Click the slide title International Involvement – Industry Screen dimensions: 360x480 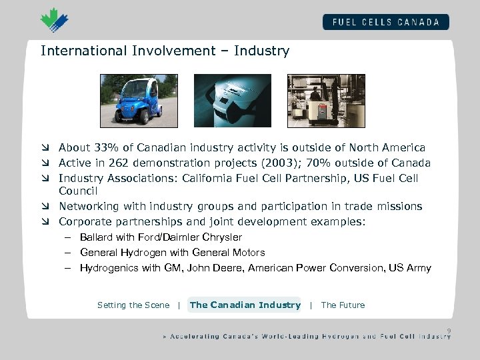pos(165,51)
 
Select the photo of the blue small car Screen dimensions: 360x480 pos(129,101)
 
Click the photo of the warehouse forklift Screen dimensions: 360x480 pos(317,101)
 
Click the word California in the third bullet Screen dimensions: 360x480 pos(214,178)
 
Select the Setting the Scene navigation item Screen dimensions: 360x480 pos(133,305)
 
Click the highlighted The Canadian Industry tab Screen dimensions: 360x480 pos(245,305)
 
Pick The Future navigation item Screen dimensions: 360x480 pos(343,305)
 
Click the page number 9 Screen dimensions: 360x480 pos(449,329)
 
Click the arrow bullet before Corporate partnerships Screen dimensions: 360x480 pos(45,222)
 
